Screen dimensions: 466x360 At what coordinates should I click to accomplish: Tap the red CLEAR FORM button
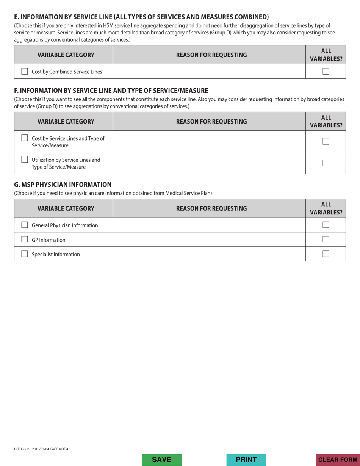click(338, 460)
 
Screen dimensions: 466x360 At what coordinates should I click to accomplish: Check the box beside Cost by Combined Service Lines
click(25, 71)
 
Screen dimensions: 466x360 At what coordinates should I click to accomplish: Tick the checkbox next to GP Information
click(25, 240)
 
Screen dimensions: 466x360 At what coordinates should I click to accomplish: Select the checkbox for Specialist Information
click(25, 254)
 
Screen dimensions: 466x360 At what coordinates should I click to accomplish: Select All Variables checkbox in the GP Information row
click(326, 239)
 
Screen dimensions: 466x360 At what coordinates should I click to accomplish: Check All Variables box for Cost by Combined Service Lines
click(326, 71)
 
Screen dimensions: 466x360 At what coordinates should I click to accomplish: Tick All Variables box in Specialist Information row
click(326, 254)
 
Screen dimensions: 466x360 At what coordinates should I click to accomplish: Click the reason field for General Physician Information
click(209, 225)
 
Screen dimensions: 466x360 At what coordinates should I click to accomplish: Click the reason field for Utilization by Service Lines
click(209, 163)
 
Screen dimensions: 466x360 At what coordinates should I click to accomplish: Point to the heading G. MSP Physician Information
click(63, 185)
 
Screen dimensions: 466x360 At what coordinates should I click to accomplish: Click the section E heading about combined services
click(141, 17)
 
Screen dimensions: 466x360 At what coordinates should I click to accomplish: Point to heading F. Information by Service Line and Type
click(111, 91)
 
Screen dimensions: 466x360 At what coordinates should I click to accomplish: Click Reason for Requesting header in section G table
click(209, 208)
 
